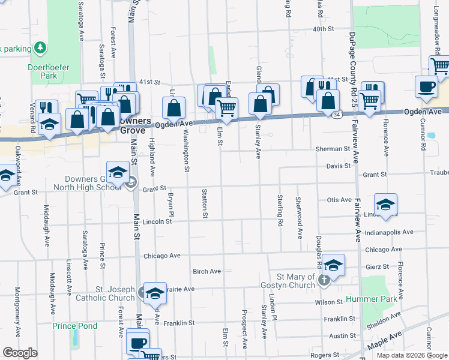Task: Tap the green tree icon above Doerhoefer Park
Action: pos(40,47)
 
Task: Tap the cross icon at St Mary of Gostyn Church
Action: pos(324,280)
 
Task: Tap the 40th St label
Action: pos(322,29)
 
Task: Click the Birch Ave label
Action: pos(206,271)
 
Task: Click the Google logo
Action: pos(19,353)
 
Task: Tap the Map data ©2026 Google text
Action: pos(412,355)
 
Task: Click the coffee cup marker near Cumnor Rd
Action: pos(426,86)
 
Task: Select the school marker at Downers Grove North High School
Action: pos(118,172)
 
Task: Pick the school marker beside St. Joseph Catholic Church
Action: pos(155,293)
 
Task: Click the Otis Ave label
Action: pos(339,200)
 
